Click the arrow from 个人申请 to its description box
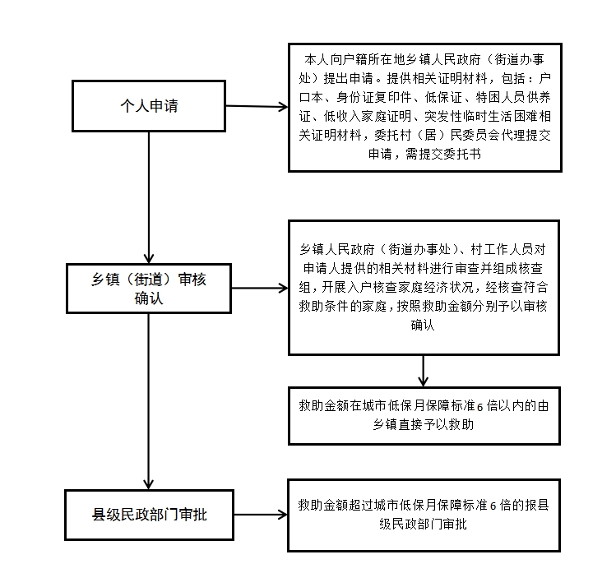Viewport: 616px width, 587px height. (257, 106)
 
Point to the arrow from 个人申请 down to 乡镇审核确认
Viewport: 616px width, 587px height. (149, 197)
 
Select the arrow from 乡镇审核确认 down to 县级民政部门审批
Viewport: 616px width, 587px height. (149, 401)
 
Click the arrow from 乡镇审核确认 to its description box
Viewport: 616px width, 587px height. (260, 289)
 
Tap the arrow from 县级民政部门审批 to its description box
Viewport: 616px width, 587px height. (261, 515)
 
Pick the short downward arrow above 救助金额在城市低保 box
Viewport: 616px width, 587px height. (423, 371)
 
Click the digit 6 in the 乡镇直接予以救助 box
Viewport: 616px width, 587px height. (479, 407)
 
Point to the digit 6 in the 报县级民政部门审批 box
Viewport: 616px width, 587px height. (493, 506)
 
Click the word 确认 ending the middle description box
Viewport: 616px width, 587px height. (423, 325)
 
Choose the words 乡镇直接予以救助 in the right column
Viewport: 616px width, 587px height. (424, 424)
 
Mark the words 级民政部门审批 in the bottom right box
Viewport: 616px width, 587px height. (423, 524)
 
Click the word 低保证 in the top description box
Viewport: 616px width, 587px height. (443, 97)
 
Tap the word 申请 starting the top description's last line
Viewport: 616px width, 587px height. (380, 154)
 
